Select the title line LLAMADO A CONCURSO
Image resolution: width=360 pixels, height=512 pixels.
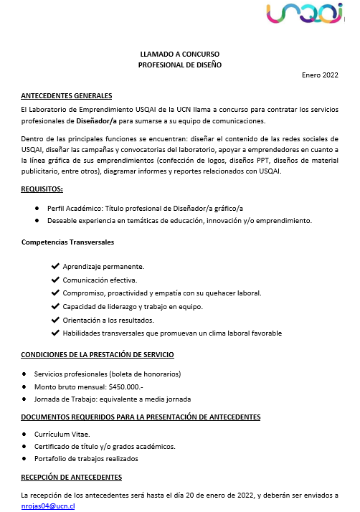180,54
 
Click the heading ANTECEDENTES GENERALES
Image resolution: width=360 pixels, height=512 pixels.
67,96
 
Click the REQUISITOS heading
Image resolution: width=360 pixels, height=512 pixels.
42,189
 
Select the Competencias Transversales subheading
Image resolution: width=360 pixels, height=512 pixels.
67,242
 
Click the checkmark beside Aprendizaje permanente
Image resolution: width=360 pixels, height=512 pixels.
55,266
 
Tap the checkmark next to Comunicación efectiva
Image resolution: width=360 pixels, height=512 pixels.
55,280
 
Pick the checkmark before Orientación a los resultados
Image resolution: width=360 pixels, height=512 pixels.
55,320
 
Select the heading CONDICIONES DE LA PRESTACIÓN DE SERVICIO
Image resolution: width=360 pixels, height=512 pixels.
97,355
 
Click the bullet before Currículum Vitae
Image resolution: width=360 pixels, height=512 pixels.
25,435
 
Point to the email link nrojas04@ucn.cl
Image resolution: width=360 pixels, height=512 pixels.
48,506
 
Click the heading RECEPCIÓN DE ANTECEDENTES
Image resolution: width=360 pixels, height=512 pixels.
71,477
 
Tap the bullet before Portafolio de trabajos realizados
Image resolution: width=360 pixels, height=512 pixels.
25,458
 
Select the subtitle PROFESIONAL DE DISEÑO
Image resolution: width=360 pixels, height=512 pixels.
180,65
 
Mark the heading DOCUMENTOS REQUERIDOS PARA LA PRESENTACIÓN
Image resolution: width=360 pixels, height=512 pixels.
141,417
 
